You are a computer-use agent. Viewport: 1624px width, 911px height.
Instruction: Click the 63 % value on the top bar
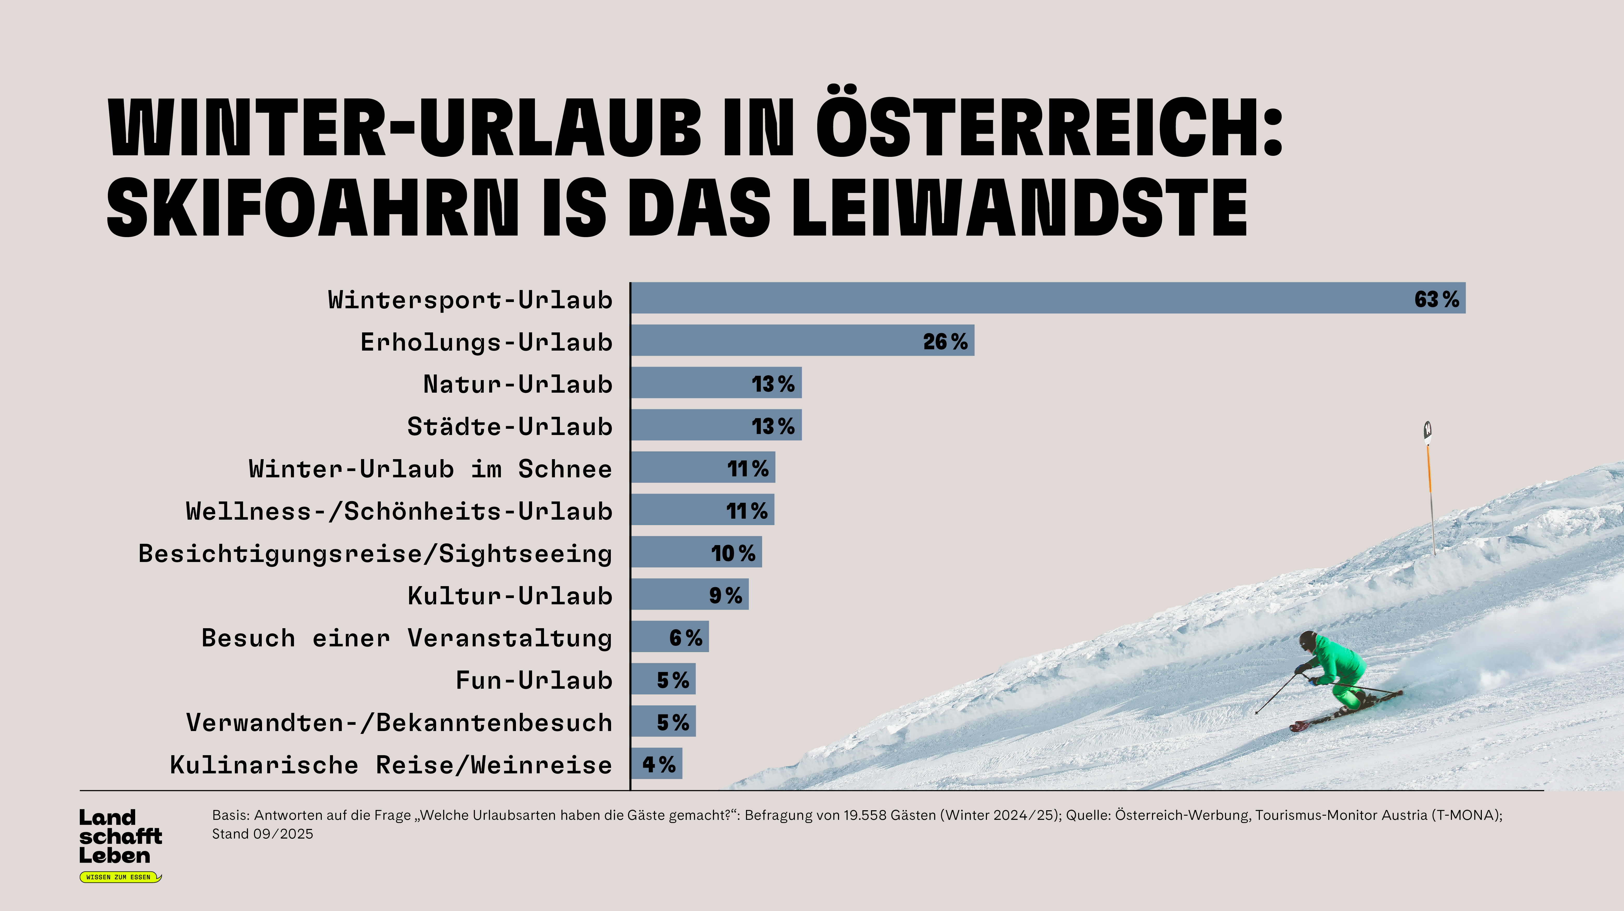coord(1436,299)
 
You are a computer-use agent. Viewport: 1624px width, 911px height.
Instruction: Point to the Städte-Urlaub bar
coord(716,425)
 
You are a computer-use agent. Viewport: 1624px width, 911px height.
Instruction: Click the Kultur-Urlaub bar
coord(689,595)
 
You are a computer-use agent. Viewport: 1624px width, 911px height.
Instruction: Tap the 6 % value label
coord(685,638)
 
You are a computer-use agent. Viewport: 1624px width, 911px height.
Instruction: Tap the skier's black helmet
coord(1307,641)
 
